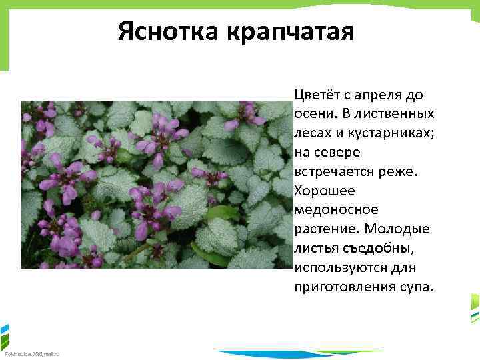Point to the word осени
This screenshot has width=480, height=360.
pyautogui.click(x=313, y=114)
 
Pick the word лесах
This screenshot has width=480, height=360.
pyautogui.click(x=312, y=133)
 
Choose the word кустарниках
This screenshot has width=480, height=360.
pyautogui.click(x=388, y=133)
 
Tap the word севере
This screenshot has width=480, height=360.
pyautogui.click(x=331, y=153)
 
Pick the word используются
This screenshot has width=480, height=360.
pyautogui.click(x=336, y=269)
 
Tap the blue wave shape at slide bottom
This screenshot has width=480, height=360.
pyautogui.click(x=293, y=354)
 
